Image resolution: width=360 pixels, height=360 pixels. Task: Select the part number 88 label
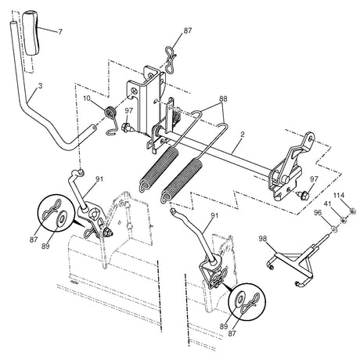click(x=223, y=100)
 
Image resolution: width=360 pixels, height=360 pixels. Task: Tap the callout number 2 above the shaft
click(x=243, y=135)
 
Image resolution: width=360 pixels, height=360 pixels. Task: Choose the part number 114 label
click(x=339, y=194)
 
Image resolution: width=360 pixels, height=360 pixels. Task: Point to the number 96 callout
click(x=318, y=212)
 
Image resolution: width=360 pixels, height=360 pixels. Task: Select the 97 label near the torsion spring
click(x=128, y=110)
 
